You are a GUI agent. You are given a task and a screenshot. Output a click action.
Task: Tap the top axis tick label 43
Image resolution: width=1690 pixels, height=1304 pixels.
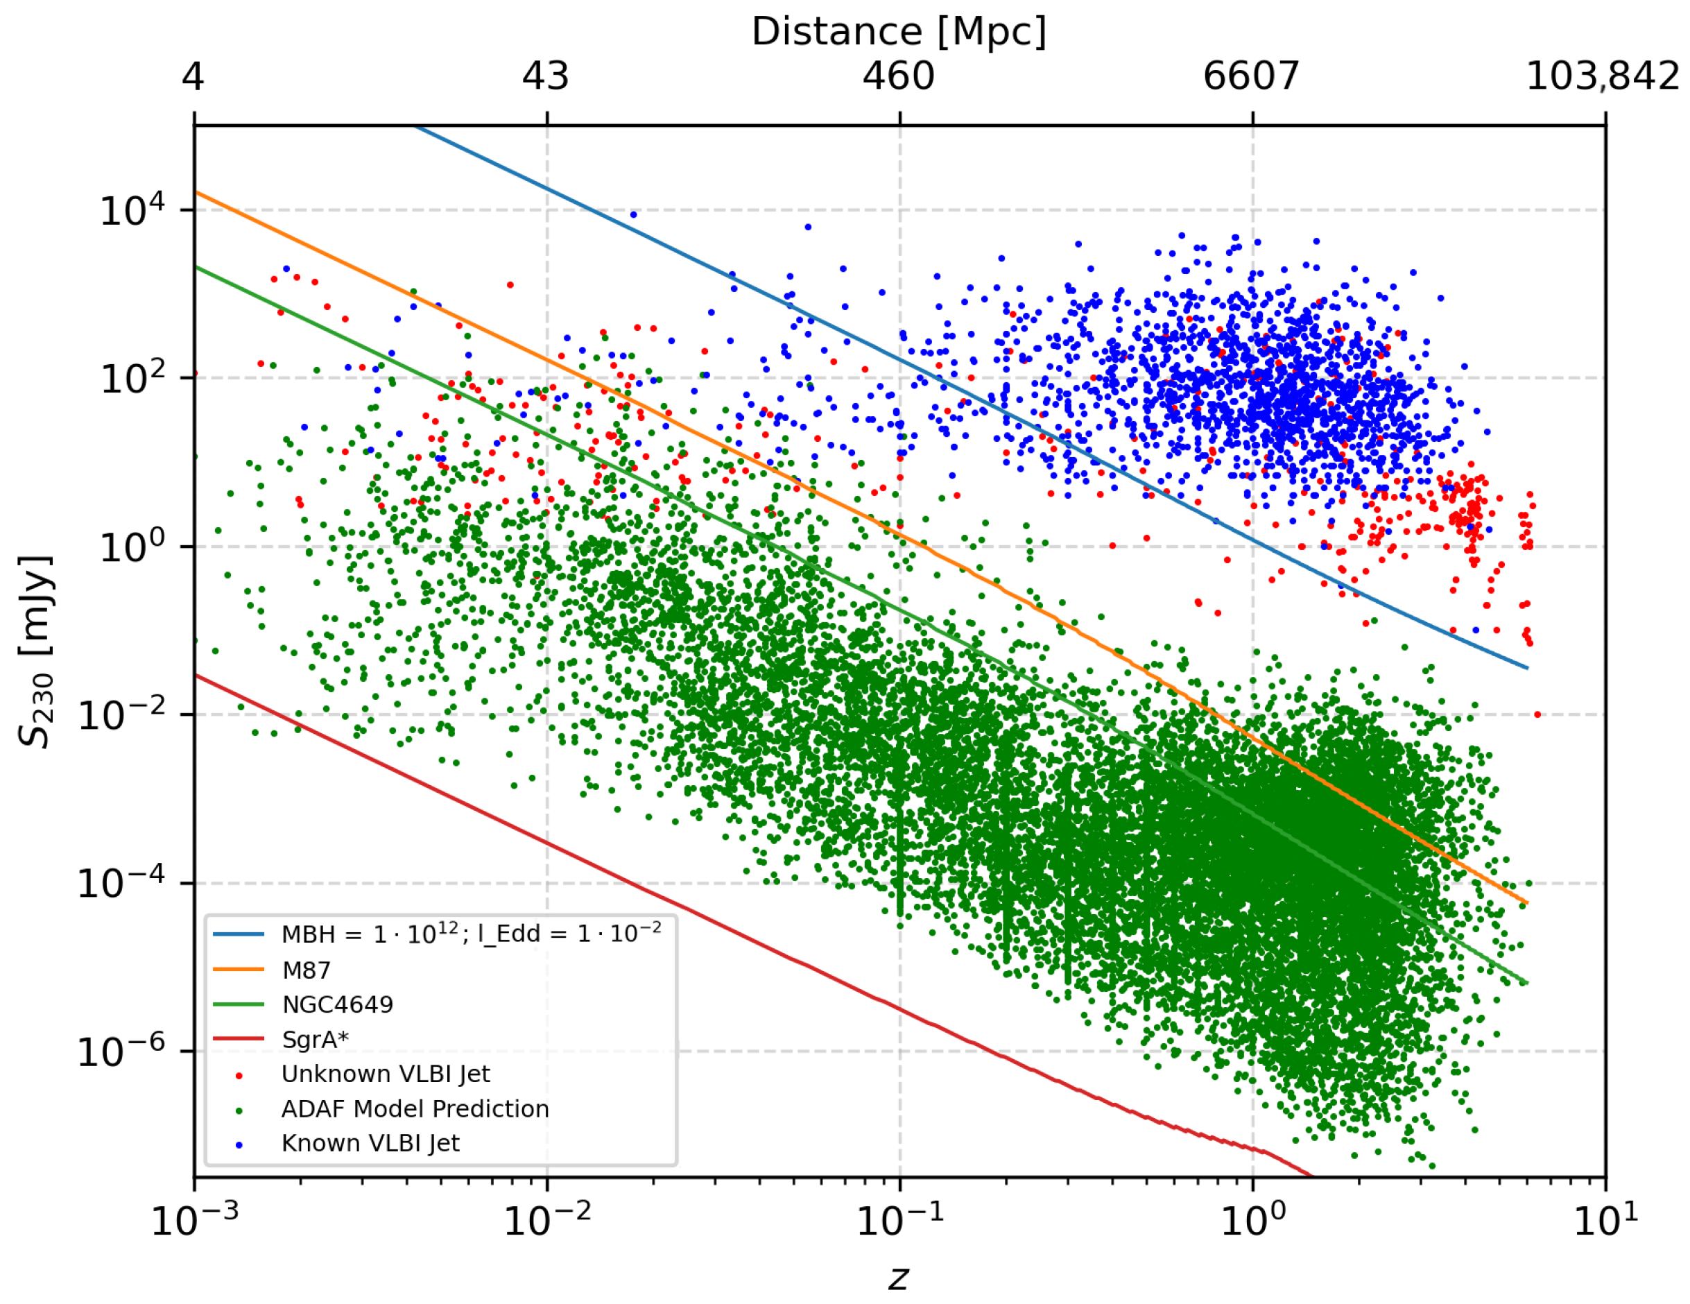(546, 76)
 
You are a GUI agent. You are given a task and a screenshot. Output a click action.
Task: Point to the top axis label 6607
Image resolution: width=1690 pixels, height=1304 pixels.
(1250, 76)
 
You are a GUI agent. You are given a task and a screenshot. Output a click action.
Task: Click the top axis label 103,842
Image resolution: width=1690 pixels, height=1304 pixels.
(1602, 76)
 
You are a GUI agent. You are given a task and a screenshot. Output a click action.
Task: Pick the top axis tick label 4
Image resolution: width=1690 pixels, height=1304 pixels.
(193, 76)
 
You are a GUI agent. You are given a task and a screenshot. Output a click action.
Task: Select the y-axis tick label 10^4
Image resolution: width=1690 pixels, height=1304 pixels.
(132, 209)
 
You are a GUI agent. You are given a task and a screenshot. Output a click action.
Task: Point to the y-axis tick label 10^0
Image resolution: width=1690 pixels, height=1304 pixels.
(132, 547)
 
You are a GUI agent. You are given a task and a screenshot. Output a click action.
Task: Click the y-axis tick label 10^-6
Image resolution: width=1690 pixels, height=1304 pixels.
(121, 1051)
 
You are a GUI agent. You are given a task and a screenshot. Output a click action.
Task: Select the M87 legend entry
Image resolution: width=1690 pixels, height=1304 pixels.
(306, 970)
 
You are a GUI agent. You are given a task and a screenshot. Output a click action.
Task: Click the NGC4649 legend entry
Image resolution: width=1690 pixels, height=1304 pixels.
(338, 1004)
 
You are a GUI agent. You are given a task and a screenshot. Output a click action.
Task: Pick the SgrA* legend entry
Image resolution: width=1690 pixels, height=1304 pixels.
(315, 1039)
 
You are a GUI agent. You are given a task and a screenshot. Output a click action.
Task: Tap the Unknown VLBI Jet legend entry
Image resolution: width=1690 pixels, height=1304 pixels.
(386, 1074)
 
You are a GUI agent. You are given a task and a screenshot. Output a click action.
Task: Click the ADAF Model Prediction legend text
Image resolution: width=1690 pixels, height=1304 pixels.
(415, 1109)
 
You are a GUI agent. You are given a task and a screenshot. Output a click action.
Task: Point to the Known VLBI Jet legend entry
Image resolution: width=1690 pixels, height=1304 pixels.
(370, 1143)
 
